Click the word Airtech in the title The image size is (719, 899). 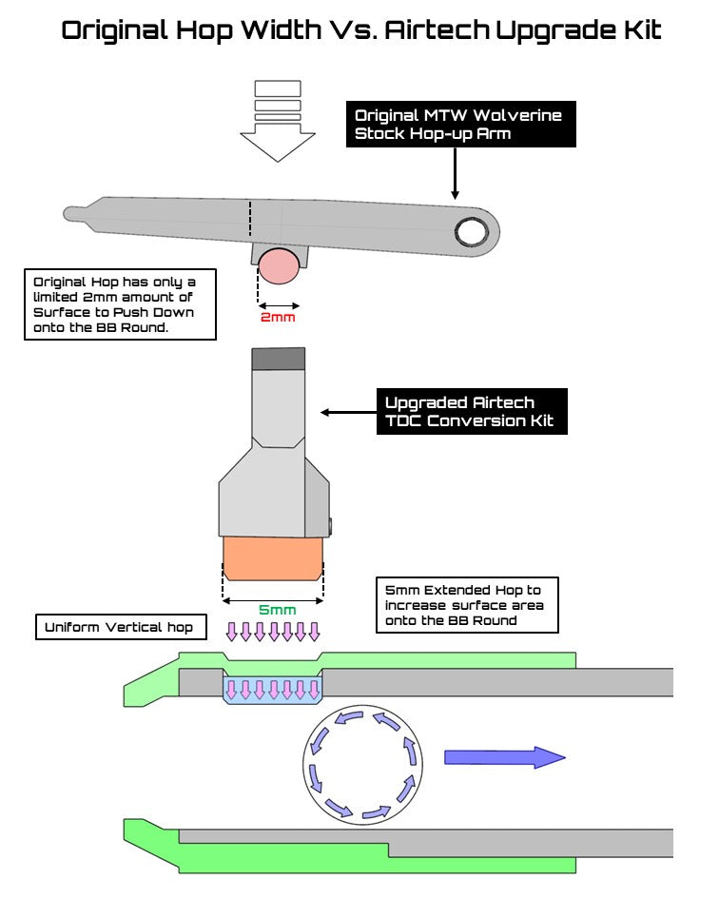(437, 29)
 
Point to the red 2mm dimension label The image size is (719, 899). (278, 317)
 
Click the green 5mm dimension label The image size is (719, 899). (278, 610)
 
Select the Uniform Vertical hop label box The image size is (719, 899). (119, 627)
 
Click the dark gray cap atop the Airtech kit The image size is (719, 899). (278, 360)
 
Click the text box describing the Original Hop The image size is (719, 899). (120, 303)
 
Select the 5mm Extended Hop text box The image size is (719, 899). (465, 605)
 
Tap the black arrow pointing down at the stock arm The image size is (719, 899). (457, 173)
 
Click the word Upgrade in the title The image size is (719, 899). (552, 30)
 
